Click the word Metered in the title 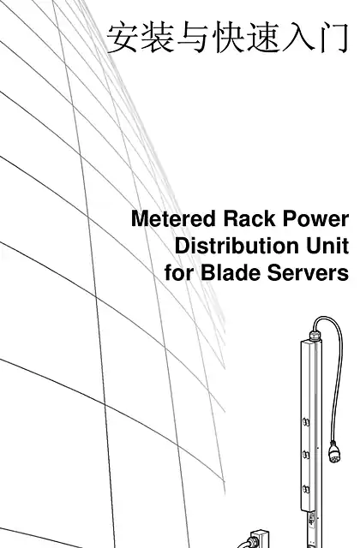pyautogui.click(x=173, y=219)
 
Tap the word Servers pyautogui.click(x=308, y=272)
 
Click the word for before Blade pyautogui.click(x=179, y=272)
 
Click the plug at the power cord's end pyautogui.click(x=334, y=451)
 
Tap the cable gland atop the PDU pyautogui.click(x=315, y=336)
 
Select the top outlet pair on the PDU pyautogui.click(x=306, y=422)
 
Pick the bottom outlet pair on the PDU pyautogui.click(x=306, y=489)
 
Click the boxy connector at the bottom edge pyautogui.click(x=259, y=539)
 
